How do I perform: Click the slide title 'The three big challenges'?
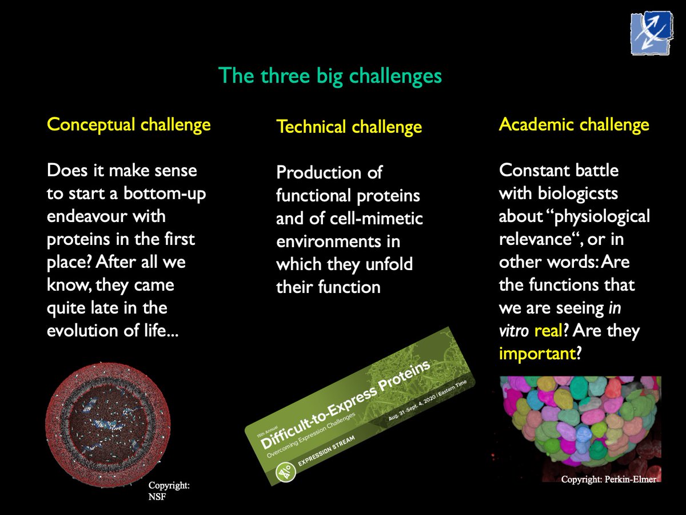point(330,76)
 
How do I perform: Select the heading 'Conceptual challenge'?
point(129,124)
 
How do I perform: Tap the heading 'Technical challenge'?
point(349,126)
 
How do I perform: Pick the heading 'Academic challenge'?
point(574,124)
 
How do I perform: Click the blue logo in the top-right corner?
point(651,34)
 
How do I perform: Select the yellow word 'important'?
point(536,354)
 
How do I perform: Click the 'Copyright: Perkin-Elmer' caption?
point(608,479)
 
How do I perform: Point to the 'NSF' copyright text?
point(157,496)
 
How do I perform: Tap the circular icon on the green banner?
point(285,473)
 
